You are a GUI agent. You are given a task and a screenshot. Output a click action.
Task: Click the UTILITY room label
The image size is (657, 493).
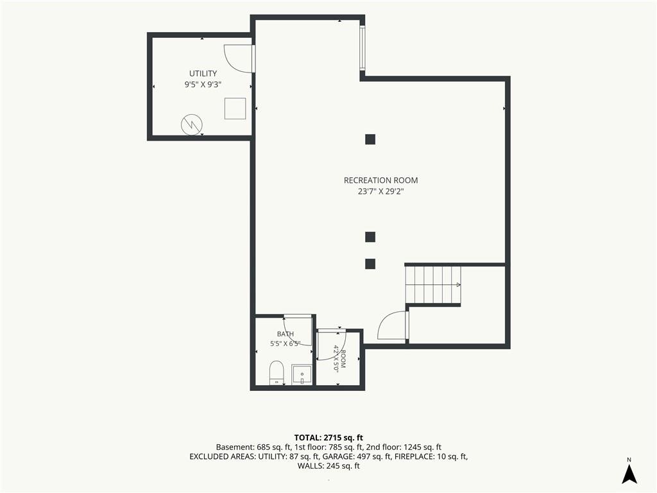tap(203, 74)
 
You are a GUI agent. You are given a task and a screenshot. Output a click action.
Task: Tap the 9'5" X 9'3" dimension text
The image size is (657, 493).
tap(203, 85)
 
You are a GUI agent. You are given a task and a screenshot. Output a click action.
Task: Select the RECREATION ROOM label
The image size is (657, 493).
tap(381, 180)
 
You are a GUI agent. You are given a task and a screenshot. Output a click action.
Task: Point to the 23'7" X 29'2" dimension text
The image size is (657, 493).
tap(381, 191)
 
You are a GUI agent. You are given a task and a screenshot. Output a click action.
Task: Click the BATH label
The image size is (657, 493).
tap(286, 334)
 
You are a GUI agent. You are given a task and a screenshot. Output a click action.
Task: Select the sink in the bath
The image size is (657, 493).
tap(302, 375)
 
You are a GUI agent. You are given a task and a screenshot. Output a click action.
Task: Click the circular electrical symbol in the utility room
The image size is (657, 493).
tap(192, 125)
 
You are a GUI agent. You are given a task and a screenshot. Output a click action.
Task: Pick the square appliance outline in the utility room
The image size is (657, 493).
tap(235, 108)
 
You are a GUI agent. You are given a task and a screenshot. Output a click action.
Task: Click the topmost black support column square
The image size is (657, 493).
tap(370, 139)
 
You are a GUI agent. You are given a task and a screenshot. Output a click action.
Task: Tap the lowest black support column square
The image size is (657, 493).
tap(370, 264)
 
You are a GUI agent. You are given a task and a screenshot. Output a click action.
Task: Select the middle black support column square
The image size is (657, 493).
tap(370, 238)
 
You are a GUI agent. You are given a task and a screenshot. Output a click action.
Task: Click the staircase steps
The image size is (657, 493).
tap(433, 285)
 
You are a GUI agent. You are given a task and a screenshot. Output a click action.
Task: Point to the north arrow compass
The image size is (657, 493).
tap(629, 471)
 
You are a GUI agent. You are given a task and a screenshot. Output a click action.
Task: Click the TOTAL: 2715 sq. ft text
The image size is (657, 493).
tap(328, 438)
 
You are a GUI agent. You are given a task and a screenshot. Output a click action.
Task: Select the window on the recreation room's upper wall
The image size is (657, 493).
tap(363, 48)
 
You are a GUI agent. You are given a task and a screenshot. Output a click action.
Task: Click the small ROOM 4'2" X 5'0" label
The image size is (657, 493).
tap(339, 359)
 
